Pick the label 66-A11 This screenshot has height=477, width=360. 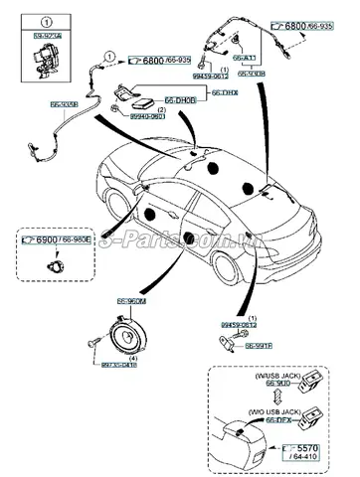tap(244, 59)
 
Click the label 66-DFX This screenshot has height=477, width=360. tap(278, 421)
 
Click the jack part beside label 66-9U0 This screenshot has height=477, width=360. tap(323, 385)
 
